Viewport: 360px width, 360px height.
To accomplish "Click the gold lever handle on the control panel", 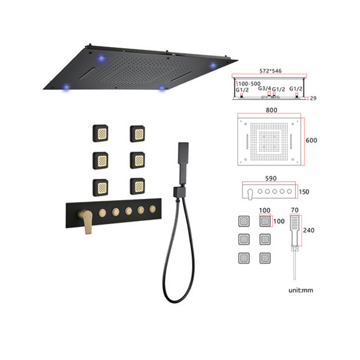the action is [86, 220].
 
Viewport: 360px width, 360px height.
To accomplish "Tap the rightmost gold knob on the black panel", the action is [152, 209].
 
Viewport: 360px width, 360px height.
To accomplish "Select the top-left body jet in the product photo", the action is [100, 134].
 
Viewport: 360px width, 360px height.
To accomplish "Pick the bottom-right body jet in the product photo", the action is [138, 186].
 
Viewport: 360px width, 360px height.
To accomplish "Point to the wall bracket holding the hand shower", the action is [179, 192].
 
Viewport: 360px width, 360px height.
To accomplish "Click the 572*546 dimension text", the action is [271, 71].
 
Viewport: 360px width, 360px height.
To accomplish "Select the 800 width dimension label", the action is [271, 110].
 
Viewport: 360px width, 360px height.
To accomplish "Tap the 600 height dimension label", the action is [311, 140].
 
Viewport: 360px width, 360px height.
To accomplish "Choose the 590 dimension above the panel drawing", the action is [271, 178].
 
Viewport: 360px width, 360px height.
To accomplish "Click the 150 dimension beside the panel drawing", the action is [304, 191].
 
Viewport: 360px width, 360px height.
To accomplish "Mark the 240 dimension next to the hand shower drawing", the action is [308, 230].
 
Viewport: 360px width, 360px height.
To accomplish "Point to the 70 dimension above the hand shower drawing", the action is [295, 210].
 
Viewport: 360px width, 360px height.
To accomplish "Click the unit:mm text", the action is [301, 290].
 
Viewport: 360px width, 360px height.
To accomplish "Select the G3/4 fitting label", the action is [264, 88].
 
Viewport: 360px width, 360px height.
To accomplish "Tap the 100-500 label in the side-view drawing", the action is [249, 84].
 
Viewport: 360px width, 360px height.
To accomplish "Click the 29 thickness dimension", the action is [313, 98].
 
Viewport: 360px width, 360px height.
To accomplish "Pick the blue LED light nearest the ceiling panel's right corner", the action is [213, 66].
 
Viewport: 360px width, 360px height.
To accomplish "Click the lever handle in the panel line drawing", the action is [250, 194].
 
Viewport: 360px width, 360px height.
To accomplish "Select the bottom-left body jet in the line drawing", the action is [244, 258].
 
